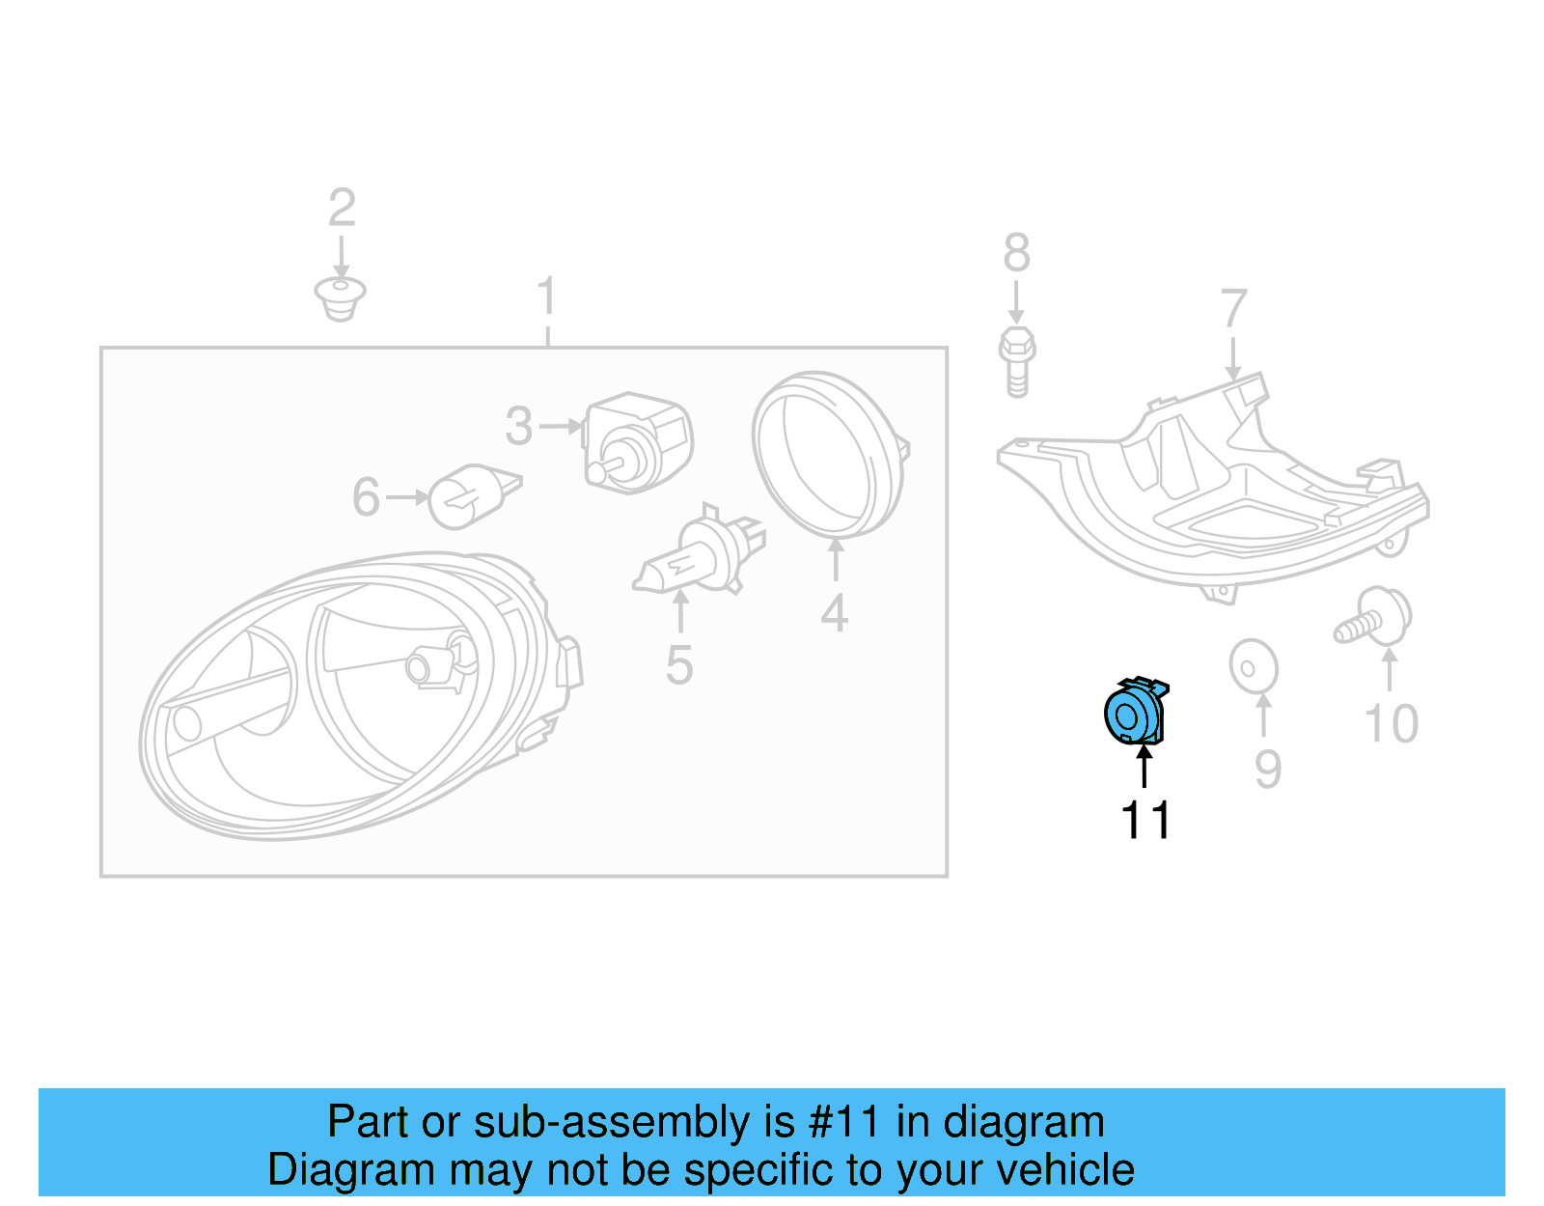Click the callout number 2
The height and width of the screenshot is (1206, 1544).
342,208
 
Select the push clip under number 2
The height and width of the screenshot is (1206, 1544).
340,297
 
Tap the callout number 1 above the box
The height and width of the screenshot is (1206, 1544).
547,295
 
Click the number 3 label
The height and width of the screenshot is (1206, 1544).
519,426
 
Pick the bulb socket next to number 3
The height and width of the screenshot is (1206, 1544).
637,442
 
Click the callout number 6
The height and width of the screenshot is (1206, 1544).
366,497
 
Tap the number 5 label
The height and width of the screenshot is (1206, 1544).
679,665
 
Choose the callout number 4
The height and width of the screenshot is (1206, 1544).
835,614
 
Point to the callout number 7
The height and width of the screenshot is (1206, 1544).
1233,309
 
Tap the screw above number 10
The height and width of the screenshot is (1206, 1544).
1375,617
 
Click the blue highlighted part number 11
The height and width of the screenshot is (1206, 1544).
1135,714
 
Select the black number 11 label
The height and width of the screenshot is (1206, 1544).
1145,821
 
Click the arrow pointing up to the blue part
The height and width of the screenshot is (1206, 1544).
1144,768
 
